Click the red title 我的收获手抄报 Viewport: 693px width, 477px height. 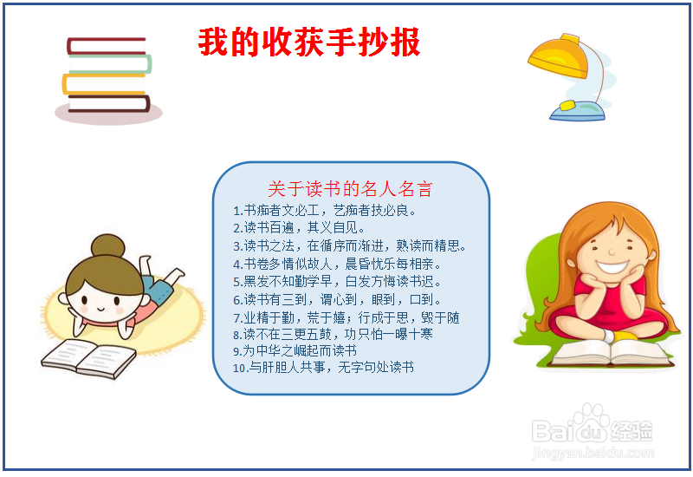(309, 42)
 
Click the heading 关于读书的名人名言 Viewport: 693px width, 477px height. (350, 189)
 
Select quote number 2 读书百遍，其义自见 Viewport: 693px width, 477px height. (299, 228)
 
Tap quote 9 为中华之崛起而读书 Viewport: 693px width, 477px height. (295, 351)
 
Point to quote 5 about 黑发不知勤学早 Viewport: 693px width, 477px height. (337, 281)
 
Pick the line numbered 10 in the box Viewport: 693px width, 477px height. (323, 367)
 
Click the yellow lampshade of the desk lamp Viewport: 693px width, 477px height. (558, 56)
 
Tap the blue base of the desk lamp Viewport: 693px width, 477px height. (578, 112)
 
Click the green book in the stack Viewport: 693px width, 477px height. (110, 63)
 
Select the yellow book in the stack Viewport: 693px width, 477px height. (104, 84)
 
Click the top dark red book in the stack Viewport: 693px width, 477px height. (106, 46)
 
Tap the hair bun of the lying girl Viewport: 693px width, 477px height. (107, 245)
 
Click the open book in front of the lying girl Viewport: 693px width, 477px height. (88, 359)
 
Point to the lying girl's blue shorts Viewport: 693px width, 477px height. (157, 289)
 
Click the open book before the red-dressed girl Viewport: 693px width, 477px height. (612, 354)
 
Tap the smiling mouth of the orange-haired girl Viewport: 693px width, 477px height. (612, 267)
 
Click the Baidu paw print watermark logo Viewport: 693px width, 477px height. (592, 422)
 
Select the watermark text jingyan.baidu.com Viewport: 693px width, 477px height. (593, 453)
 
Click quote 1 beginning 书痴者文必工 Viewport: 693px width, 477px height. (324, 210)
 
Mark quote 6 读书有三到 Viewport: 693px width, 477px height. (337, 299)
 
